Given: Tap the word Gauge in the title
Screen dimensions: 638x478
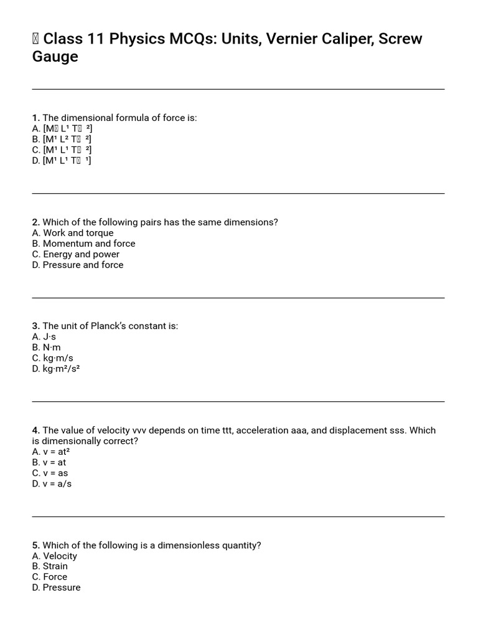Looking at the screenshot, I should tap(55, 57).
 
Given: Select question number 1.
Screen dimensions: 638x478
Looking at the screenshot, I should tap(35, 118).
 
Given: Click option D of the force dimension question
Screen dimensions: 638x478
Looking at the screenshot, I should tap(62, 160).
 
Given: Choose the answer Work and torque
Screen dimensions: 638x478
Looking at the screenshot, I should tap(78, 233).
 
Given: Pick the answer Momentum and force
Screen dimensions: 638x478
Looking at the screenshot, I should tap(88, 244).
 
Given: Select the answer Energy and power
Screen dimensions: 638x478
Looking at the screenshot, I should tap(81, 254).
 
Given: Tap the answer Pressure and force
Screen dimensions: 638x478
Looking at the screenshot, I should tap(83, 265).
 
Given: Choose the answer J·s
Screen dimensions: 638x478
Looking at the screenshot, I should tap(49, 336).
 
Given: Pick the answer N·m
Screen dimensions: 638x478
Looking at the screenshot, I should tap(52, 347).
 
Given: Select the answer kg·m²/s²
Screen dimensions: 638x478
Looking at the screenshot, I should tap(61, 368).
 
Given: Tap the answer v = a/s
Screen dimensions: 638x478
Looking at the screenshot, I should tap(57, 483).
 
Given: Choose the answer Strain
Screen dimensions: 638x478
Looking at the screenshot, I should tap(55, 566).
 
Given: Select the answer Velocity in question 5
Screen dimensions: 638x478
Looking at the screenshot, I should tap(60, 556).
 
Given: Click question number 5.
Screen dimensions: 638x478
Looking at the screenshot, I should tap(35, 545).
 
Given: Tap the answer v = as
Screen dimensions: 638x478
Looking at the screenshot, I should tap(55, 473).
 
